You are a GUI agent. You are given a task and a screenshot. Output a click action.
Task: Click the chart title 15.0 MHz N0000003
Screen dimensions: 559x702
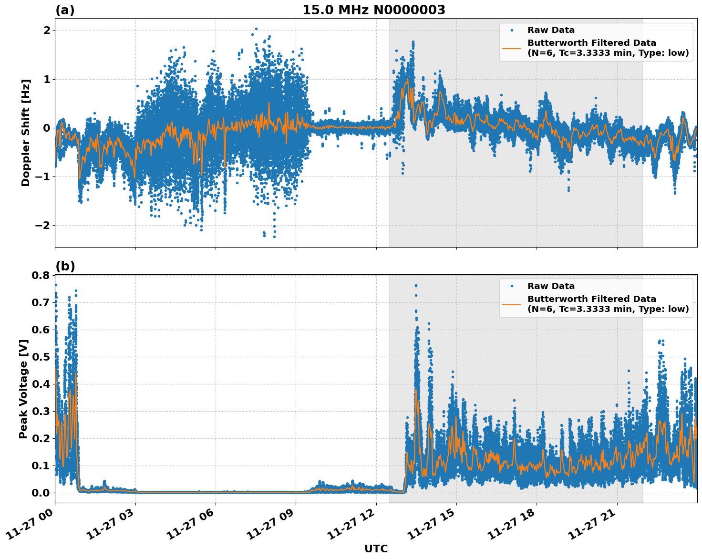pos(373,10)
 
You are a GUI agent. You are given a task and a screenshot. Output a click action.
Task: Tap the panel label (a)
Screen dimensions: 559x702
pos(65,10)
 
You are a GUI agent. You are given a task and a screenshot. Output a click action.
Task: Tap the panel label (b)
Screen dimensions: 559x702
pos(65,266)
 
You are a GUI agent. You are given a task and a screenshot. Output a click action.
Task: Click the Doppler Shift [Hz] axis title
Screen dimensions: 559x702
pos(26,133)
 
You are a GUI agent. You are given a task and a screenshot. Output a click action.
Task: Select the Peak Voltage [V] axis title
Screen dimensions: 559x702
pos(23,389)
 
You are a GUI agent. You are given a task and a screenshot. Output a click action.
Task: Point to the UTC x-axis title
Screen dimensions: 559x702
pos(376,549)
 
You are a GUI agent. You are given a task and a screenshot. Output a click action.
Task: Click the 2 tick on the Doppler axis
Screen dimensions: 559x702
pos(46,31)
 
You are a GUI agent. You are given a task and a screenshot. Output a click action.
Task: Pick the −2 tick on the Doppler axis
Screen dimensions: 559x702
pos(42,225)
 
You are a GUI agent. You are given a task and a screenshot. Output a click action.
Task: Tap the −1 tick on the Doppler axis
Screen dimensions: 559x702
pos(42,176)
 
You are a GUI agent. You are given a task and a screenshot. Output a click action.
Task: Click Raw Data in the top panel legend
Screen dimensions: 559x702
pos(551,30)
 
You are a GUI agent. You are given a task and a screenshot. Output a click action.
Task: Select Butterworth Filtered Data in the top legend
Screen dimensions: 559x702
pos(591,43)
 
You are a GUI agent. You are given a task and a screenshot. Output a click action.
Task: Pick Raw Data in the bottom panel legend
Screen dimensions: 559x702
pos(551,286)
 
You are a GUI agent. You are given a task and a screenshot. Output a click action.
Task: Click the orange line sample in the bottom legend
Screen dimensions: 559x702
pos(511,304)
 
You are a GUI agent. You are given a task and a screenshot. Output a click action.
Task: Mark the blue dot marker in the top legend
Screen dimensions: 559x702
pos(512,30)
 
